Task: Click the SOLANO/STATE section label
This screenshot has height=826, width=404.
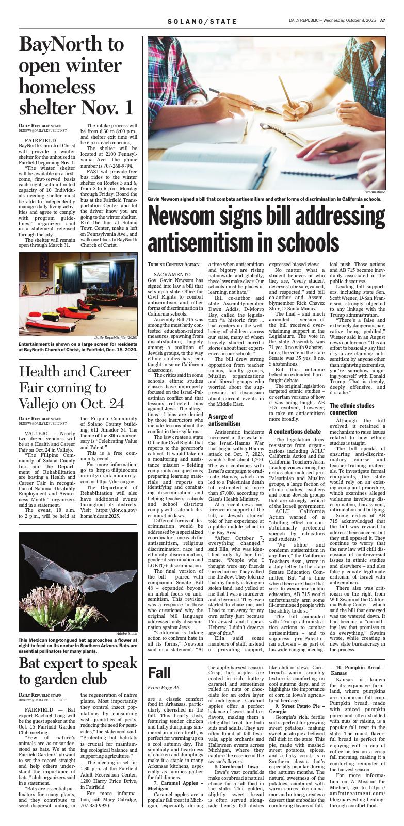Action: (202, 21)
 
